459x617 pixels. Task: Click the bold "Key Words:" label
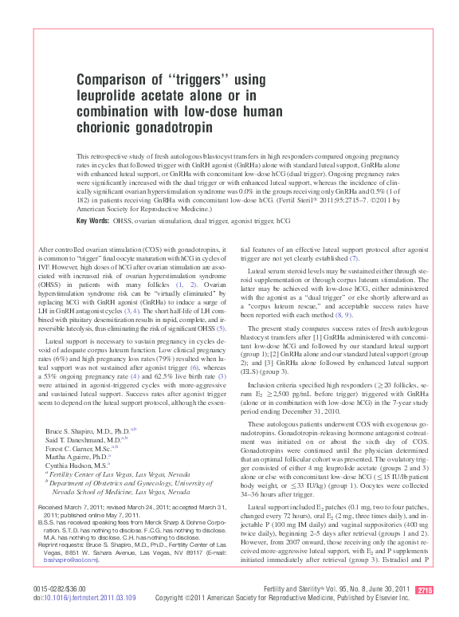(x=93, y=219)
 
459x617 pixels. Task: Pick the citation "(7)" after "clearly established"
(x=355, y=258)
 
